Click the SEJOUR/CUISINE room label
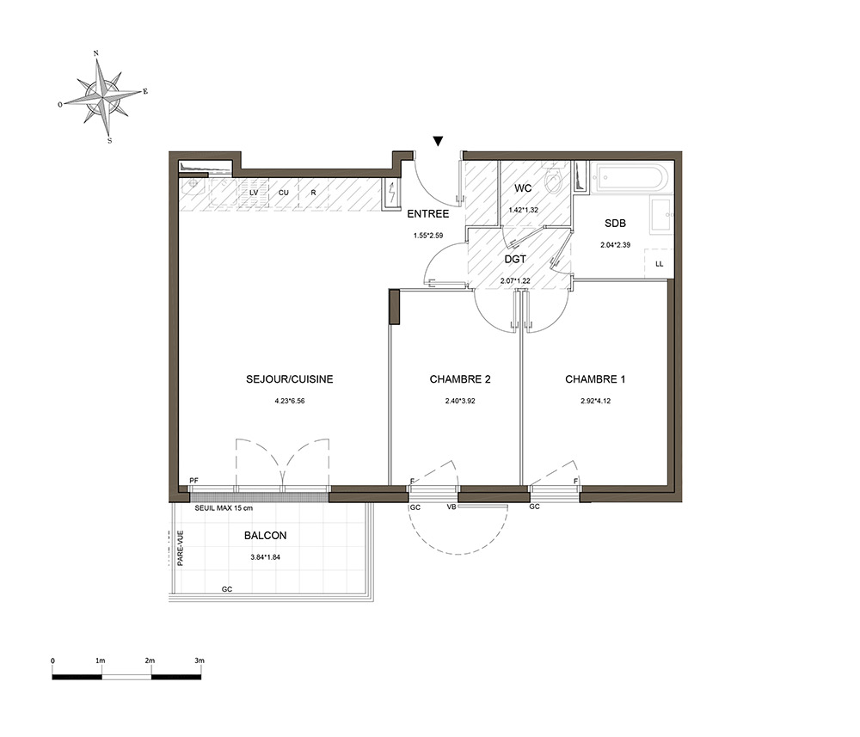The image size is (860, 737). [x=290, y=379]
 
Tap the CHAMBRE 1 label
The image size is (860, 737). [x=595, y=379]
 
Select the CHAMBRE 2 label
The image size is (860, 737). [x=460, y=379]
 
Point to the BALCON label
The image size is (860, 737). [x=266, y=536]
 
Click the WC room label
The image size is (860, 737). [x=523, y=188]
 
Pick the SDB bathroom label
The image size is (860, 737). [x=616, y=224]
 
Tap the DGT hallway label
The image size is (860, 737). [x=515, y=260]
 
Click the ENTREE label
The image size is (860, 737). [x=427, y=214]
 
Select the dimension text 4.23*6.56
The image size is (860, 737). [x=290, y=401]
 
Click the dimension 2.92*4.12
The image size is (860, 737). [x=596, y=401]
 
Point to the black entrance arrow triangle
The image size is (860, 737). [x=438, y=142]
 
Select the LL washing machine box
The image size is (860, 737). [x=659, y=264]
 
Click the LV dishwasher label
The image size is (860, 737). [x=254, y=193]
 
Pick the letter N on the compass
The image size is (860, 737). [x=96, y=53]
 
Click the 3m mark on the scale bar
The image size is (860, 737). [x=200, y=660]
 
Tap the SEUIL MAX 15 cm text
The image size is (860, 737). [x=224, y=508]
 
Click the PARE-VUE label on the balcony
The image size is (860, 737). [x=181, y=548]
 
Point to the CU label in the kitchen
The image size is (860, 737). [x=284, y=193]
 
